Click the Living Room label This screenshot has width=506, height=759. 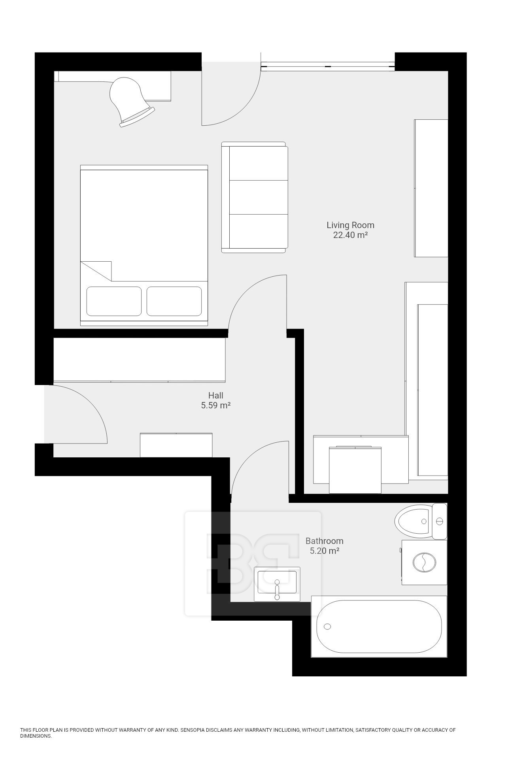(x=350, y=225)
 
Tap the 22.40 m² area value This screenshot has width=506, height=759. (x=351, y=235)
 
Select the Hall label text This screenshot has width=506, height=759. (x=216, y=395)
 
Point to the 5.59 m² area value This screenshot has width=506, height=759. (x=216, y=405)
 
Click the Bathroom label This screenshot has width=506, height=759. (x=325, y=541)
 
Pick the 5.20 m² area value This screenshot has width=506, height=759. (x=325, y=551)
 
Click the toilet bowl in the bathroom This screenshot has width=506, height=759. (x=413, y=521)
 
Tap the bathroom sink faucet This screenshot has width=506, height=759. (x=277, y=589)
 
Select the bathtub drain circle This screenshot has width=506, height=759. (x=327, y=627)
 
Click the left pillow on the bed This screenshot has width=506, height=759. (x=114, y=301)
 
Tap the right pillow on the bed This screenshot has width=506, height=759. (x=174, y=301)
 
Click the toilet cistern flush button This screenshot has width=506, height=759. (x=439, y=521)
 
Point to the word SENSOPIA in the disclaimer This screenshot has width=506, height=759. (x=193, y=730)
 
